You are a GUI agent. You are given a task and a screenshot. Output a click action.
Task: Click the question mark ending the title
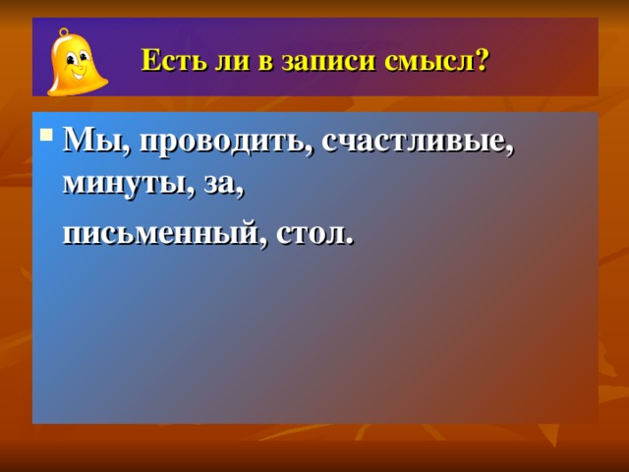tap(482, 60)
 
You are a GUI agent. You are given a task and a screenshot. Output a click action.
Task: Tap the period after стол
tap(350, 241)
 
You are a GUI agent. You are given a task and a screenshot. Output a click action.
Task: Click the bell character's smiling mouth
tap(79, 75)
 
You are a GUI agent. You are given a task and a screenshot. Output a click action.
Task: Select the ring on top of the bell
tap(64, 32)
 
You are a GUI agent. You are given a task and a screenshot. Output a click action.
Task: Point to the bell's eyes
tap(77, 59)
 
